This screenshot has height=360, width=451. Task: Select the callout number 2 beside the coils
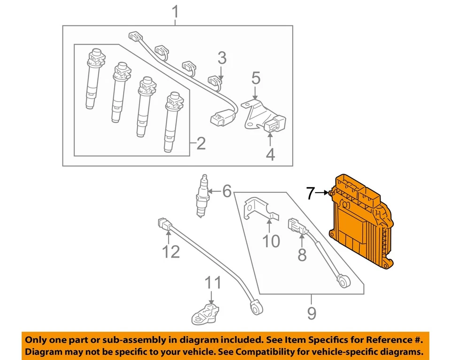201,143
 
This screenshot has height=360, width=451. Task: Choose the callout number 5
256,78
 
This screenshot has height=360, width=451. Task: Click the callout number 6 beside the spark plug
227,191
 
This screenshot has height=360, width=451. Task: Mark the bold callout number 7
310,193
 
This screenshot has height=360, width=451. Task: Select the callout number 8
302,255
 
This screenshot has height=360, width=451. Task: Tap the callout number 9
311,313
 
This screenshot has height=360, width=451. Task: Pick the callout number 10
271,241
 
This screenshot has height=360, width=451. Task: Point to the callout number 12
171,252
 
